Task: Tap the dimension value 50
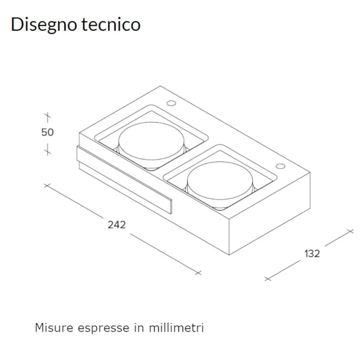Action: pos(47,132)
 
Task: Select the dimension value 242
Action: pos(117,225)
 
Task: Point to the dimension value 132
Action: pos(312,253)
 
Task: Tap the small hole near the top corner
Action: pos(171,104)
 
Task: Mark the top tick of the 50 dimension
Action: pos(47,116)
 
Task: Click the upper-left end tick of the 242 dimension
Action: pos(46,185)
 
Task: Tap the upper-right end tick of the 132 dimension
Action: pos(349,231)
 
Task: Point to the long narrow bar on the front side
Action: pos(124,180)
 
